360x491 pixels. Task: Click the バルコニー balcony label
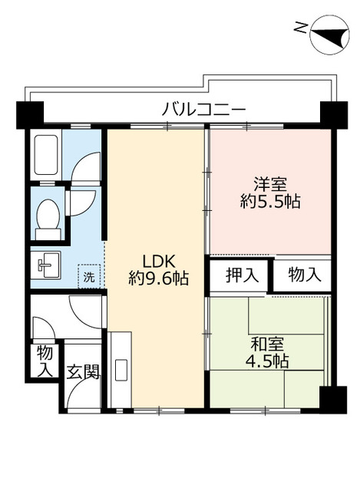tap(203, 110)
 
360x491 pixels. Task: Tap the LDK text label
tap(158, 259)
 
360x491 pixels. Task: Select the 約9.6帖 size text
tap(158, 278)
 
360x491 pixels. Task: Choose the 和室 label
tap(266, 344)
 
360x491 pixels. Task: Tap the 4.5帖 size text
tap(266, 361)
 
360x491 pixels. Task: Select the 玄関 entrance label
tap(81, 373)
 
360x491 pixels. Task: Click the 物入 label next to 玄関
tap(45, 361)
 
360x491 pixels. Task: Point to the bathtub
tap(46, 156)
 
